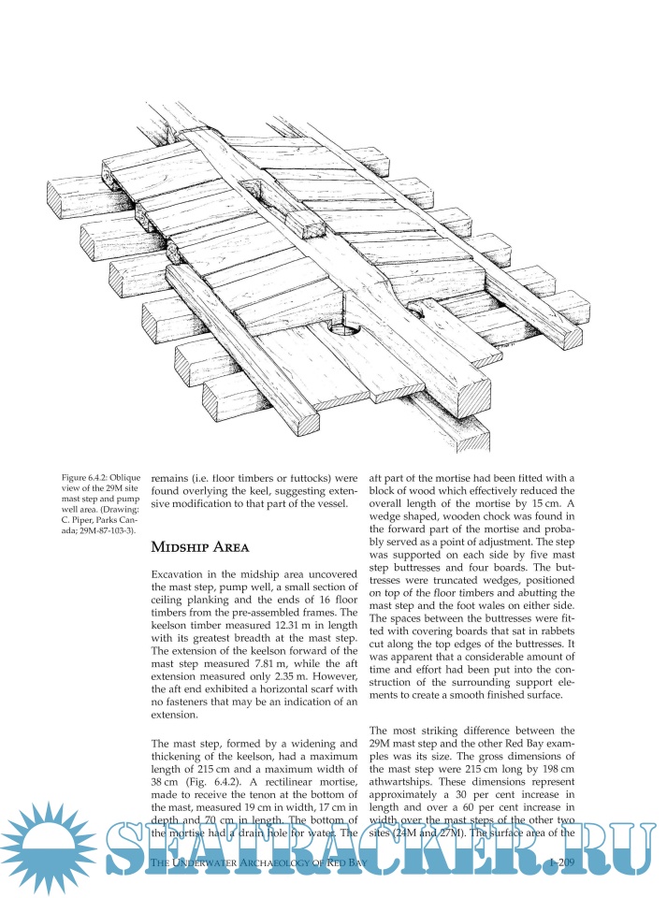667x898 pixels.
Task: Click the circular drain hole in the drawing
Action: (345, 329)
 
